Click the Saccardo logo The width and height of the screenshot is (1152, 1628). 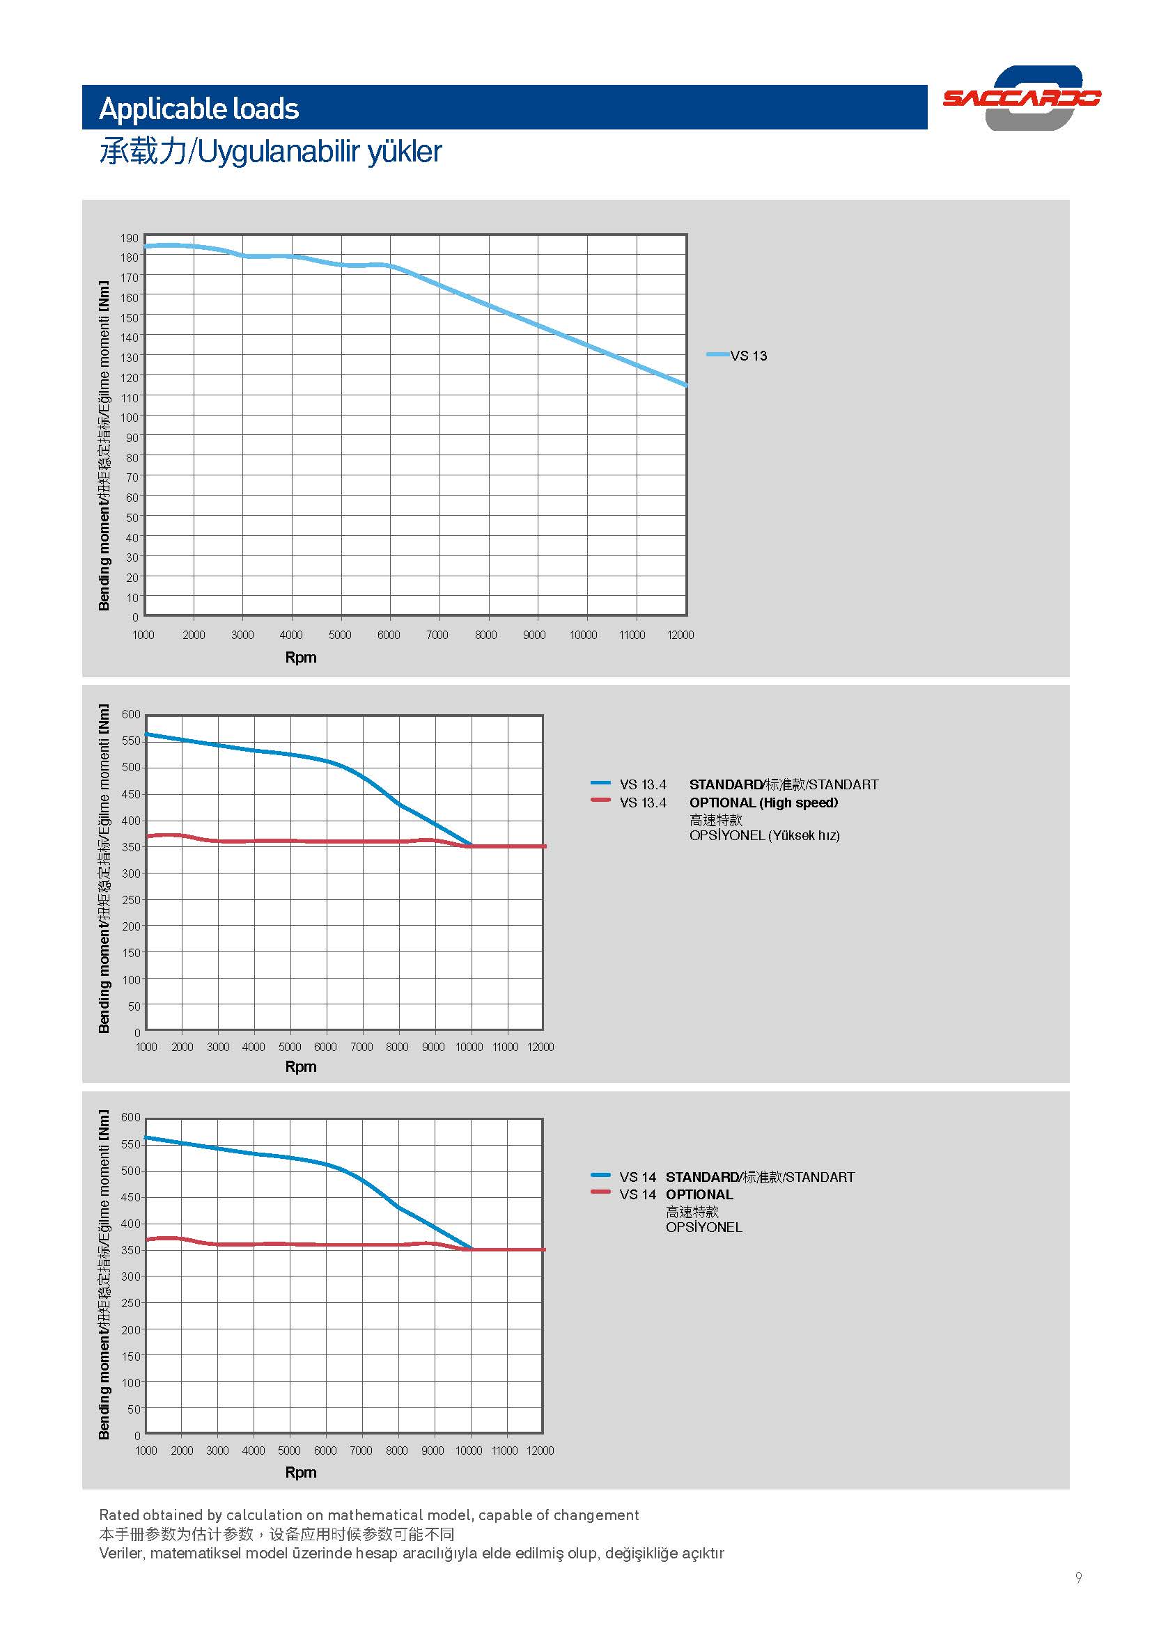[x=1022, y=98]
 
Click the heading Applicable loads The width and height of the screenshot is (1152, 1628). [x=199, y=109]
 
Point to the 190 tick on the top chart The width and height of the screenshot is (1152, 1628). [x=129, y=238]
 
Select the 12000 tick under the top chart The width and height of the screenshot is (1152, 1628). [x=680, y=635]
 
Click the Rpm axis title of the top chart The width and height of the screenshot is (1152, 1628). [x=301, y=657]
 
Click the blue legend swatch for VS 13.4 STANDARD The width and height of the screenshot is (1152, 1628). [x=600, y=783]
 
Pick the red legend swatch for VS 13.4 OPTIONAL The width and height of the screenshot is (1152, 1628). [x=600, y=800]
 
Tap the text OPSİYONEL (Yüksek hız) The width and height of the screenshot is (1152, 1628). [x=764, y=835]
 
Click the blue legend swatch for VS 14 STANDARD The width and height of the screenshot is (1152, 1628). [x=600, y=1175]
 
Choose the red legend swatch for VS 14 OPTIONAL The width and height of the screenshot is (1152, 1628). [x=600, y=1192]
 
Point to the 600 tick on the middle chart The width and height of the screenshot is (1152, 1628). [x=131, y=714]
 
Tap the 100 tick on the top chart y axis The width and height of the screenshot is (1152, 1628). [x=129, y=418]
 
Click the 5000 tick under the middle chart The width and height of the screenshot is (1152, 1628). [x=290, y=1047]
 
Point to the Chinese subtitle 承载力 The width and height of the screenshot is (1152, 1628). [x=143, y=151]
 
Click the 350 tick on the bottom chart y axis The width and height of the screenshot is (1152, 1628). [x=131, y=1250]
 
